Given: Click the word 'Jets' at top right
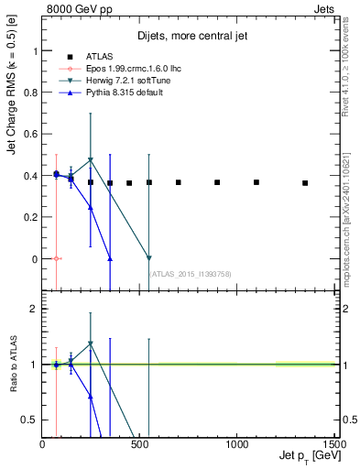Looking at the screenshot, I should tap(323, 8).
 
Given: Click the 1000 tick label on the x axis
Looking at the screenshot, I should tap(236, 444).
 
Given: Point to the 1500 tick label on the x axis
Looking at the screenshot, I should tap(333, 444).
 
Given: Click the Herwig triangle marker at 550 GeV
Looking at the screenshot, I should tap(149, 258).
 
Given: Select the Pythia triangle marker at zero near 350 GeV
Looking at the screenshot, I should tap(110, 258).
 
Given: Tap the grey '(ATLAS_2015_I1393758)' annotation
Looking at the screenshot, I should tap(190, 273).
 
